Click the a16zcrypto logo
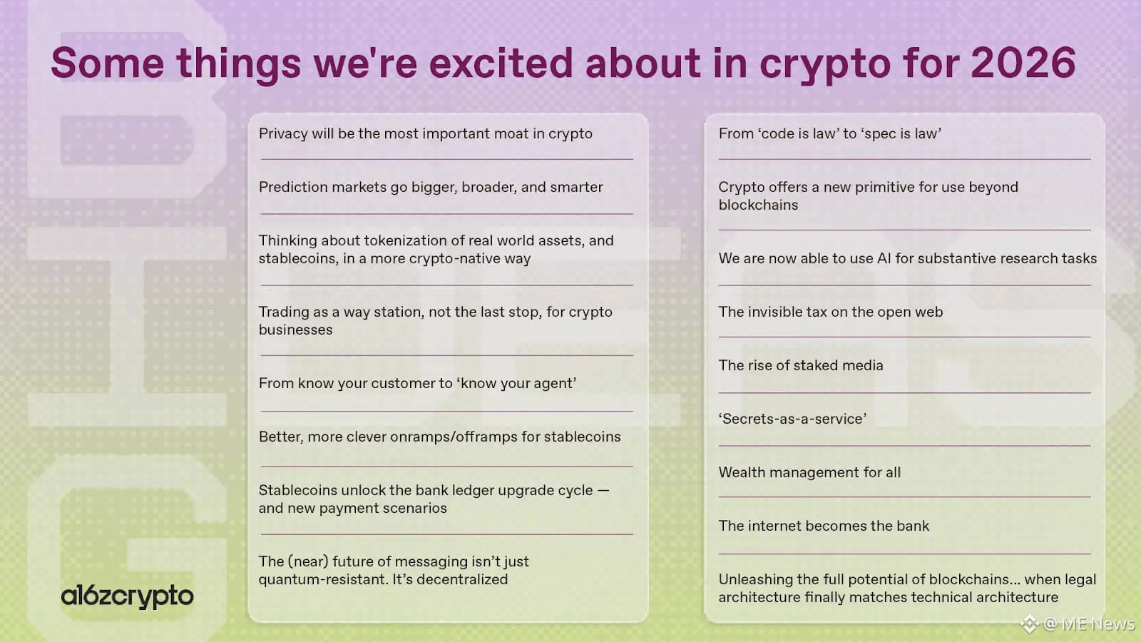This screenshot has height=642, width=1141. point(128,596)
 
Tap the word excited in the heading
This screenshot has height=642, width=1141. point(501,63)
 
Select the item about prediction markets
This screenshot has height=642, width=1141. point(431,187)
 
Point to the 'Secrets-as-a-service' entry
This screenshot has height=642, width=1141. point(792,419)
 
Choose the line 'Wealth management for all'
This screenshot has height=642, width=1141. point(809,472)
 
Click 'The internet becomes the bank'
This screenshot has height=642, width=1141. point(824,526)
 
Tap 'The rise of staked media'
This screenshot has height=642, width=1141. point(801,365)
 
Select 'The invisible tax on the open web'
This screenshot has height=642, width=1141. point(830,312)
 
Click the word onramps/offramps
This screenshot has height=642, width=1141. point(454,437)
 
